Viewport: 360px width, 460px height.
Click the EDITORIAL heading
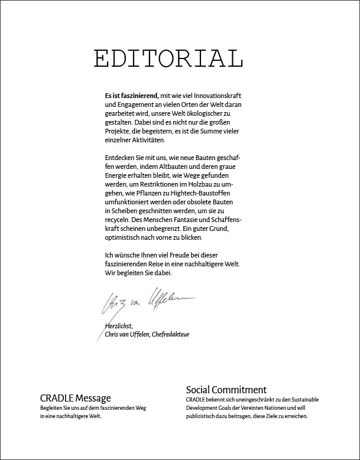point(168,59)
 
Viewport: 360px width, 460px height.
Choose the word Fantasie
point(186,220)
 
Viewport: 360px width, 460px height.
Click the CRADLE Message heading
point(75,398)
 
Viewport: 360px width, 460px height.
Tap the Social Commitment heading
point(226,390)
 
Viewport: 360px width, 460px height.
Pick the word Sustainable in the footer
point(302,400)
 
